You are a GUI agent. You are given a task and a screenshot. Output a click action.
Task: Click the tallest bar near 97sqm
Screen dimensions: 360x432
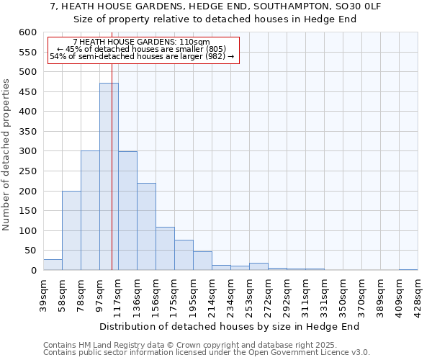[x=109, y=176]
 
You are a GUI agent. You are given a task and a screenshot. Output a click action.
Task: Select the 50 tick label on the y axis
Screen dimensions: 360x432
[x=30, y=251]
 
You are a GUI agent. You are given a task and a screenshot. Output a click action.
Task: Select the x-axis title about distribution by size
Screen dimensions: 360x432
[x=229, y=326]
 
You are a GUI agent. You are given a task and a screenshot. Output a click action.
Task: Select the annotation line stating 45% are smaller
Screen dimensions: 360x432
[x=141, y=49]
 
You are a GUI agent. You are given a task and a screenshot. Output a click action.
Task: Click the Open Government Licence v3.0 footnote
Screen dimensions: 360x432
[x=207, y=353]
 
